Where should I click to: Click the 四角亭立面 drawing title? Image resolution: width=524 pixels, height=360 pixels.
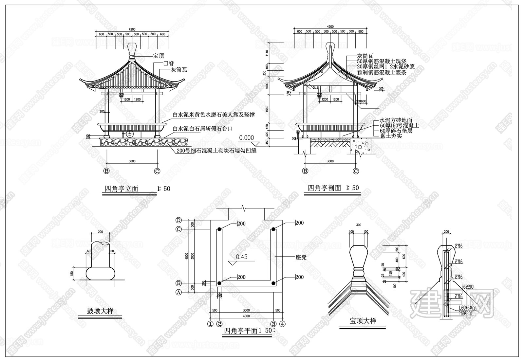(121, 189)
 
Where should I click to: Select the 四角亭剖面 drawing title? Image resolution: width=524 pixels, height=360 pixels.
(324, 188)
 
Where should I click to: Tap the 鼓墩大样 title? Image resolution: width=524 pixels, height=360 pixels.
(100, 311)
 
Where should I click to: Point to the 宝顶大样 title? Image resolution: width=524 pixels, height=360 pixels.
(363, 320)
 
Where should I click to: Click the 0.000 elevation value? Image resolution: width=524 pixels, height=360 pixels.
(246, 138)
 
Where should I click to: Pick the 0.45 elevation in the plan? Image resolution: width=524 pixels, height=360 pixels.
(242, 257)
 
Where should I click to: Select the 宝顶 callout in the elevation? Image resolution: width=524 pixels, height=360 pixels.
(159, 56)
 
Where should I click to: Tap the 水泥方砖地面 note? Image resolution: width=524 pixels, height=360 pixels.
(396, 120)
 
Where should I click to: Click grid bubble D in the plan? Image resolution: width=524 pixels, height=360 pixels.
(179, 220)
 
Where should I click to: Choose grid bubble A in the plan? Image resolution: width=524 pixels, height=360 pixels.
(179, 293)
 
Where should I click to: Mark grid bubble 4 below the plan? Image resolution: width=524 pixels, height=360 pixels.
(283, 324)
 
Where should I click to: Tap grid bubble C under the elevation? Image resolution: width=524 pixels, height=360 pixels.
(157, 171)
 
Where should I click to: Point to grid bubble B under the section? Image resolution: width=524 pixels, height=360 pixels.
(305, 171)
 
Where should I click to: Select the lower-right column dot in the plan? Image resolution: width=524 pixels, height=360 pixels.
(274, 283)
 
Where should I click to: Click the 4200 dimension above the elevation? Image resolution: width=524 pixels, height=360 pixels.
(132, 29)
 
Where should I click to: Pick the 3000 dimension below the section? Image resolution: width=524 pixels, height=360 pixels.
(330, 161)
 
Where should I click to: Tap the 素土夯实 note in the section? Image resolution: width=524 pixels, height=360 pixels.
(390, 135)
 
